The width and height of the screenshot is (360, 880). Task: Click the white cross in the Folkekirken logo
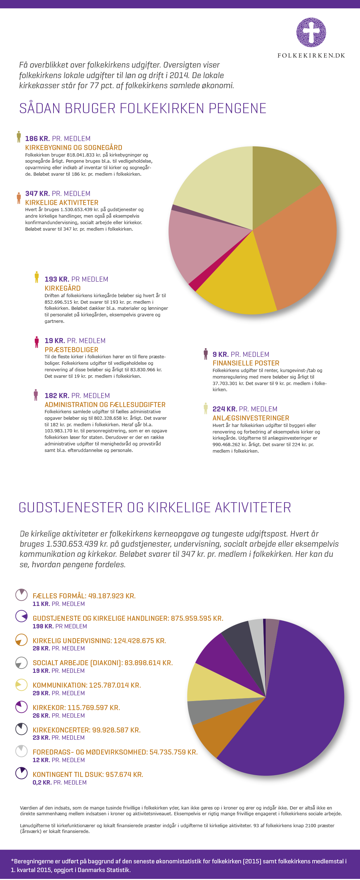(x=311, y=32)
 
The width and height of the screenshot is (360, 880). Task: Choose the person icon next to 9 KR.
(x=206, y=354)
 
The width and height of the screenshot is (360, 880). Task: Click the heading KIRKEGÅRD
(x=63, y=288)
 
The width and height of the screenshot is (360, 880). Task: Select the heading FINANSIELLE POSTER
(x=246, y=363)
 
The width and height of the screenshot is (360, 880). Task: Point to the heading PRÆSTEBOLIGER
(x=72, y=350)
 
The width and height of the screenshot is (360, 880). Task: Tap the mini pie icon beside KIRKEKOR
(x=21, y=706)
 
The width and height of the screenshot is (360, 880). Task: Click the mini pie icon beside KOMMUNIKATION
(x=21, y=684)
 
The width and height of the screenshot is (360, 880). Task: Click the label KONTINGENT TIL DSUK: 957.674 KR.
(x=88, y=774)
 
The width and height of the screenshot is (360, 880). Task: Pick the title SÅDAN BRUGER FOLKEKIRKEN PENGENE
(x=143, y=108)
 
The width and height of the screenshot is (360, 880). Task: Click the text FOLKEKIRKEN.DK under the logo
(x=311, y=55)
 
